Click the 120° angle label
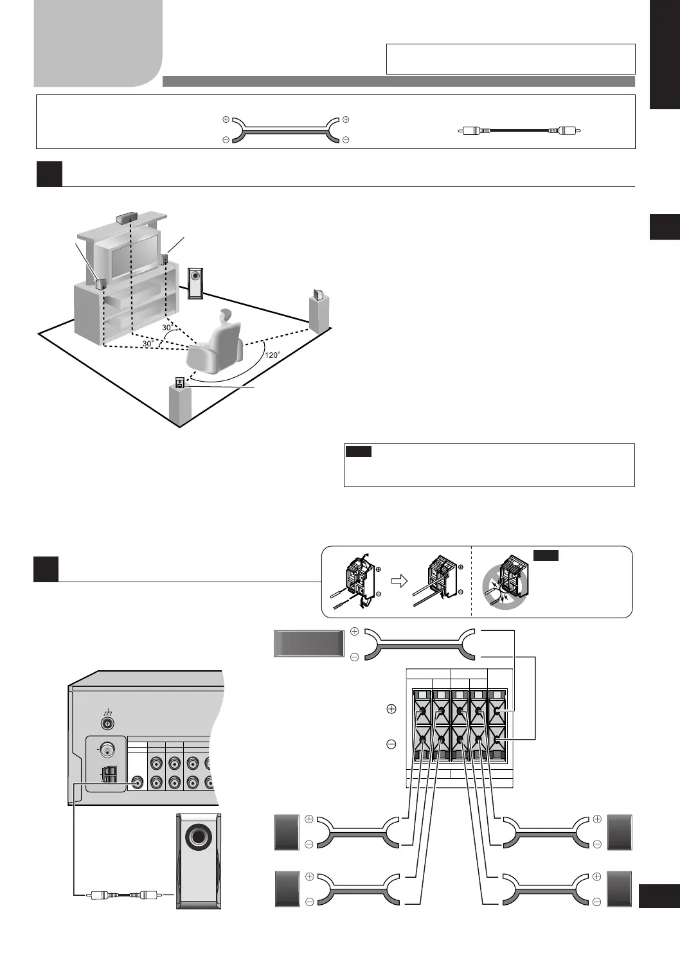pyautogui.click(x=273, y=355)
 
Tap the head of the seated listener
pyautogui.click(x=225, y=316)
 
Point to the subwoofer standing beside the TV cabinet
pyautogui.click(x=195, y=283)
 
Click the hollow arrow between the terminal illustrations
pyautogui.click(x=400, y=581)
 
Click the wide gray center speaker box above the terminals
pyautogui.click(x=309, y=643)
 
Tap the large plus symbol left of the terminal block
pyautogui.click(x=391, y=709)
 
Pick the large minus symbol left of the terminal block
pyautogui.click(x=391, y=744)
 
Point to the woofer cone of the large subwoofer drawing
pyautogui.click(x=198, y=838)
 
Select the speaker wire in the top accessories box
pyautogui.click(x=285, y=130)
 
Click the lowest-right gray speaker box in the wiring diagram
pyautogui.click(x=620, y=889)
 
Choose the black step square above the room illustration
pyautogui.click(x=49, y=174)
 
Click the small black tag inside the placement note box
pyautogui.click(x=358, y=452)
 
